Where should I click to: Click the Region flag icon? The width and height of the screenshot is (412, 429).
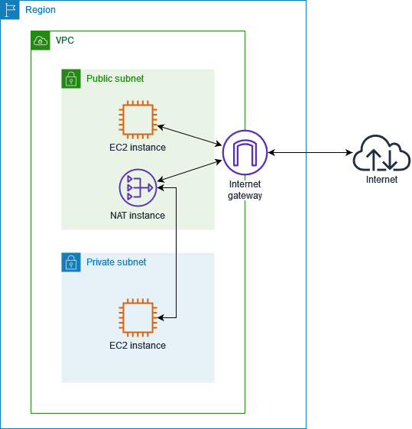point(10,10)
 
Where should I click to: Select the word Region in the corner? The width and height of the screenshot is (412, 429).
point(41,10)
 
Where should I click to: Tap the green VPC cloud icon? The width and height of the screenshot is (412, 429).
point(41,41)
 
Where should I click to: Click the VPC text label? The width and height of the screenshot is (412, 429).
point(65,40)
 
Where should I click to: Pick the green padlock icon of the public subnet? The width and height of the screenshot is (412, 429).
point(71,79)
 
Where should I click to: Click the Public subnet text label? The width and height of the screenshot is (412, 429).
point(115,79)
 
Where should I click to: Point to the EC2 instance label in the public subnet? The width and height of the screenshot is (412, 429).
point(138,147)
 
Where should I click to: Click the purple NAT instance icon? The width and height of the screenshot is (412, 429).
point(138,187)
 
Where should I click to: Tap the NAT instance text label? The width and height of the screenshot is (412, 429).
point(138,216)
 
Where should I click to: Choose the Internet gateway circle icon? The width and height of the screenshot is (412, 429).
point(245,152)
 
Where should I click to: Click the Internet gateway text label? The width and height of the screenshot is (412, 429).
point(245,190)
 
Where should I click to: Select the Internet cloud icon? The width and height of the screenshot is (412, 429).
point(381,154)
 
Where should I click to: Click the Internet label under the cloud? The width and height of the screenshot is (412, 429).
point(381,180)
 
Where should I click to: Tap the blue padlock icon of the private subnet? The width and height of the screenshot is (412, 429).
point(71,262)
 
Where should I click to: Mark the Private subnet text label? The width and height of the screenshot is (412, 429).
point(116,262)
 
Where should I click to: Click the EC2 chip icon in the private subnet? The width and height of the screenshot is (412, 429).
point(138,317)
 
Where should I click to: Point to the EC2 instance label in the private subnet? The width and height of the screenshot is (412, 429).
point(138,346)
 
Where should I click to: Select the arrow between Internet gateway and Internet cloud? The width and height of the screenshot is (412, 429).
point(309,153)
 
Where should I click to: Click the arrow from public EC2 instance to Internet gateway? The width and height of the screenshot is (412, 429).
point(189,135)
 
